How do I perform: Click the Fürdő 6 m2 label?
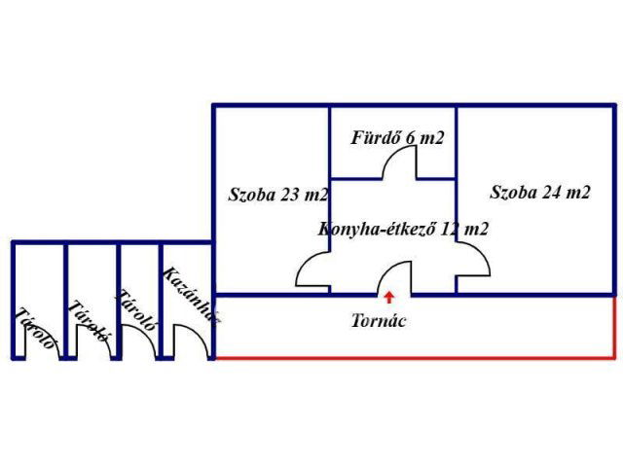tap(397, 137)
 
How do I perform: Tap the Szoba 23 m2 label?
tap(278, 194)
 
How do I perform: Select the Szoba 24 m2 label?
tap(540, 192)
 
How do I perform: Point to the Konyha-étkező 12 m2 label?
tap(403, 230)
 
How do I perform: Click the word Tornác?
tap(379, 320)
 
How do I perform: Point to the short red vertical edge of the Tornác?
tap(615, 327)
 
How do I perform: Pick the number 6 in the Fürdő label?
tap(411, 137)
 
